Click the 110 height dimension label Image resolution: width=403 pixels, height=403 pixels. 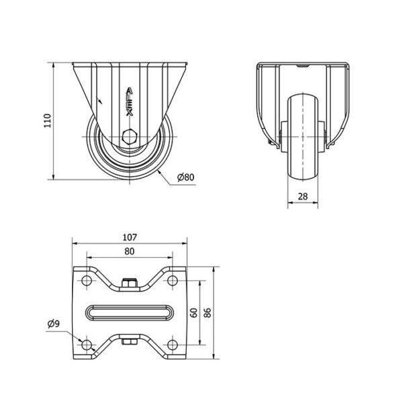click(x=48, y=120)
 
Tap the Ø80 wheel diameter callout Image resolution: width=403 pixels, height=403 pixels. click(x=185, y=177)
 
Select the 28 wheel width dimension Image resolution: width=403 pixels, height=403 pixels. click(x=303, y=196)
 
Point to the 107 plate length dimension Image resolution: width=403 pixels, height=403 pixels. click(x=130, y=237)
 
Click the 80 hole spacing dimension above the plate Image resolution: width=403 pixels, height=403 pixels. click(x=130, y=251)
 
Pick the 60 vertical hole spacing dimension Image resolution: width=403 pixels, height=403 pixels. click(x=194, y=312)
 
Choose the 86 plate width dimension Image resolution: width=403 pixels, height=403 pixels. click(x=208, y=312)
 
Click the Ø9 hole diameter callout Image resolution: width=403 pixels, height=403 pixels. click(x=54, y=324)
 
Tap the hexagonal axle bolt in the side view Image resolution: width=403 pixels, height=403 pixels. click(x=130, y=136)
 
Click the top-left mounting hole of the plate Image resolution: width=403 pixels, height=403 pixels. click(x=87, y=280)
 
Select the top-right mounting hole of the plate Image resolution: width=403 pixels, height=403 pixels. click(x=173, y=280)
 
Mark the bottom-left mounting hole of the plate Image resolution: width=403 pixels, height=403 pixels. click(x=87, y=345)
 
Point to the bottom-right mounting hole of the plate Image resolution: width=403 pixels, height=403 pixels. click(x=173, y=345)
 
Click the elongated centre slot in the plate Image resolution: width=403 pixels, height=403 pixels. click(x=130, y=312)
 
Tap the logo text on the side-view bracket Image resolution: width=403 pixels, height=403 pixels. click(x=130, y=102)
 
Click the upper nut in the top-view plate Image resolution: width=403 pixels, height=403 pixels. click(x=130, y=283)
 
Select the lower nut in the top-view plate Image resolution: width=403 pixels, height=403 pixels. click(x=130, y=342)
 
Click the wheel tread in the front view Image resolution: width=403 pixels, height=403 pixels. click(x=303, y=138)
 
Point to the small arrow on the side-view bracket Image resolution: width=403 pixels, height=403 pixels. click(x=99, y=100)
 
